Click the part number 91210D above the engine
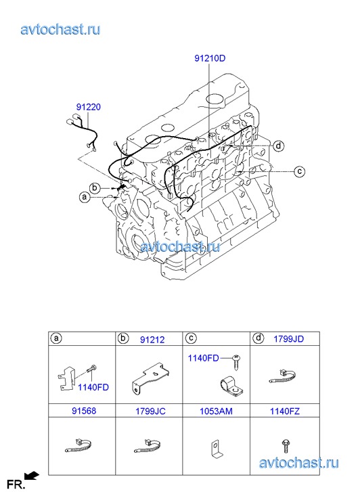210,58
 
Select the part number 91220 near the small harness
89,107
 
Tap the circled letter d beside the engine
278,146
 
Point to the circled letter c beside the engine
300,171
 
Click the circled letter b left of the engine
95,188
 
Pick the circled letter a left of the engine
84,197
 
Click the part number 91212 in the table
152,340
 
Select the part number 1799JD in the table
289,339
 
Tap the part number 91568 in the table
84,411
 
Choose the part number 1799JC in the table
150,411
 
